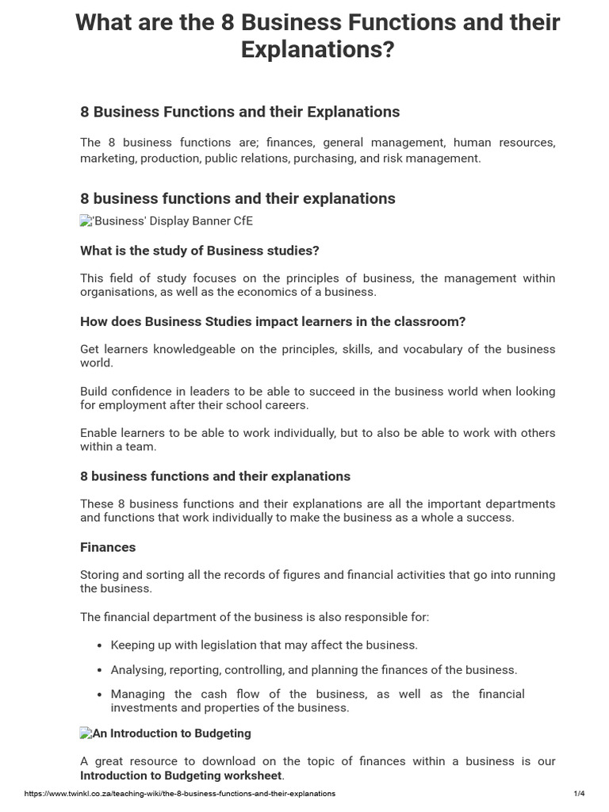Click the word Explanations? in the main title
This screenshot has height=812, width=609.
tap(317, 49)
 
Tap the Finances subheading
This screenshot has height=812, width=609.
tap(108, 547)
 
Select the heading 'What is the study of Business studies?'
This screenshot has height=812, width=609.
tap(199, 251)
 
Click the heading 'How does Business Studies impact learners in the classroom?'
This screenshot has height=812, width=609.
tap(273, 321)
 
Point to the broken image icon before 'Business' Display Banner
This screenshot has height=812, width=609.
tap(86, 221)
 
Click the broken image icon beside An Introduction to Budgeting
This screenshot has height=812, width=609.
tap(86, 733)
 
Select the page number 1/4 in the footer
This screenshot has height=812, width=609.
tap(579, 793)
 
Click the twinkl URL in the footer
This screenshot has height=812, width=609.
tap(180, 793)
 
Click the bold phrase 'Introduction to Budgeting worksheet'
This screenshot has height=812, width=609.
tap(181, 775)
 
